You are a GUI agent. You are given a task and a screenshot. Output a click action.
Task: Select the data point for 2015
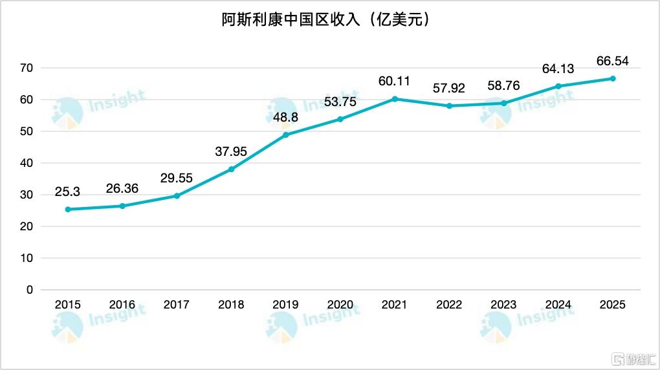click(x=68, y=210)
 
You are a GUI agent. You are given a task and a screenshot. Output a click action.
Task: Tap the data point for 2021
click(x=395, y=99)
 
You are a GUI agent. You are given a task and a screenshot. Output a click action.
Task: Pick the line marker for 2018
click(x=231, y=169)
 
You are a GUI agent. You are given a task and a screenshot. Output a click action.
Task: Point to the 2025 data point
click(x=613, y=79)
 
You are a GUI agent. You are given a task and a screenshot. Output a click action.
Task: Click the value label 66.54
click(x=612, y=61)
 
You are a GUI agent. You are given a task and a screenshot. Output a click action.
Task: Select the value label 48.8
click(x=285, y=117)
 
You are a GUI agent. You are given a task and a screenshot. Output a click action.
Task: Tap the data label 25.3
click(x=67, y=192)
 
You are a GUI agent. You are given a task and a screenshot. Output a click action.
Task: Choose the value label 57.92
click(x=449, y=88)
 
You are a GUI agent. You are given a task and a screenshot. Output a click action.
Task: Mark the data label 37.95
click(x=231, y=152)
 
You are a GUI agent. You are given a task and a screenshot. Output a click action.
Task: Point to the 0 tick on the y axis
click(x=29, y=290)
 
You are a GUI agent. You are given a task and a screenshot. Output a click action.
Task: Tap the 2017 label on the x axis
click(x=177, y=305)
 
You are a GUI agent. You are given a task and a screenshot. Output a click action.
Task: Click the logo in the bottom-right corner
click(x=634, y=358)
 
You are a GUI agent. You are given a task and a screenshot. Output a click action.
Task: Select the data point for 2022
click(x=449, y=106)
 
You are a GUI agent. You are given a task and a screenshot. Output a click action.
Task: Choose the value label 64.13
click(x=558, y=69)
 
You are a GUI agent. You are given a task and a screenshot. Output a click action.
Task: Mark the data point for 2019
click(x=285, y=135)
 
